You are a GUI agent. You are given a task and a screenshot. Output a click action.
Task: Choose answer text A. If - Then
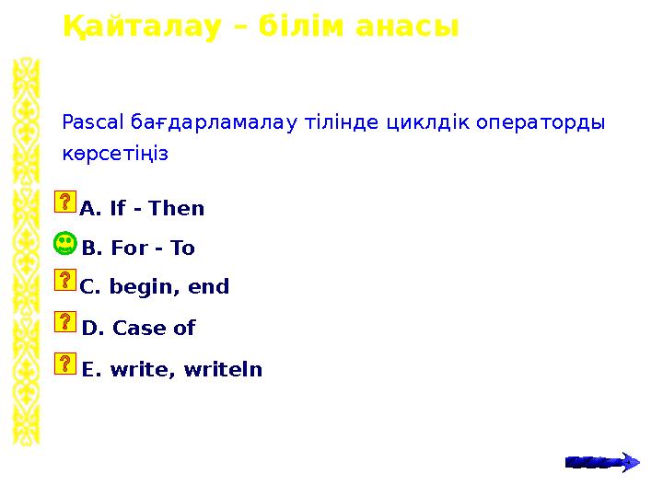(142, 209)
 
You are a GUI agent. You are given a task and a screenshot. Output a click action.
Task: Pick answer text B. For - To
(138, 248)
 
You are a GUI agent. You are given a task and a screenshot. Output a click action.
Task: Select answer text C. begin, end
(154, 287)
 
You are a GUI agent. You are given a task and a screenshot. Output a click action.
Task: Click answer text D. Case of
(138, 328)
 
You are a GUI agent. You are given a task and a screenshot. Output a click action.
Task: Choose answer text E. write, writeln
(171, 370)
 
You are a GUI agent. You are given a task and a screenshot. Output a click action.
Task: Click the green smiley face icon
(64, 245)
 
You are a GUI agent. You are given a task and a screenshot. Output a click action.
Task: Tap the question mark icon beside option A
(65, 202)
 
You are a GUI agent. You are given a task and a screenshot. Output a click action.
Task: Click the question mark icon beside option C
(65, 281)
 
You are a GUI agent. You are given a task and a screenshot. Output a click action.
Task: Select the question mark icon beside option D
(65, 321)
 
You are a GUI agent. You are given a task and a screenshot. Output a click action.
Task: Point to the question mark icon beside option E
(65, 363)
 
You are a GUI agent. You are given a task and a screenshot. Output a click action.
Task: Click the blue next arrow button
(602, 461)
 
